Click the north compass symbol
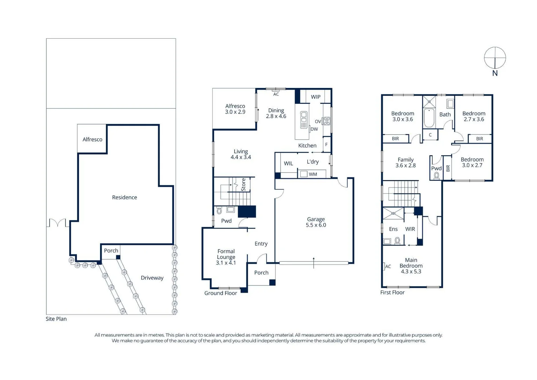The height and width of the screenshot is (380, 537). coord(495,58)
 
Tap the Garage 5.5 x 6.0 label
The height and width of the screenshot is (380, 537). coord(316,222)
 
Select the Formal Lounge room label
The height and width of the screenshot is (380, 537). coord(226,257)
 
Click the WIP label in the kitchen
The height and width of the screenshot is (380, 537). coord(315,97)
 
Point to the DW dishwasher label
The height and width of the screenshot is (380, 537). coord(314,129)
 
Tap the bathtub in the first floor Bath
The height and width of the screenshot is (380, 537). coord(429,118)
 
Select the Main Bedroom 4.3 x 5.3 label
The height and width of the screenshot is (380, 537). coord(411,266)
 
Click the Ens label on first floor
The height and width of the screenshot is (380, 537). coord(393,229)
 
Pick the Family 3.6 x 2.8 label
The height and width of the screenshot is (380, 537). coord(405,162)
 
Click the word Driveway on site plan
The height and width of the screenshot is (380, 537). coord(152,278)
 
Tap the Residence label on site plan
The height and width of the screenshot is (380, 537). coord(124,197)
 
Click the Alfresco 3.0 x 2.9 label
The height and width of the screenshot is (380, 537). coord(235,109)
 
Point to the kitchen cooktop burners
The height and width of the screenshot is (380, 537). coord(327,121)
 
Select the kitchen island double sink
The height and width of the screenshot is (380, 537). coord(304,120)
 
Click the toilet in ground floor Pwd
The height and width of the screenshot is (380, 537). coord(219,211)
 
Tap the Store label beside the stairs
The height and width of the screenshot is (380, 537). coord(243,185)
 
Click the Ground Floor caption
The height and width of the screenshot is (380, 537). coord(221,293)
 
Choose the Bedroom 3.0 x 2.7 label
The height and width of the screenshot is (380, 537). coord(472,162)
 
